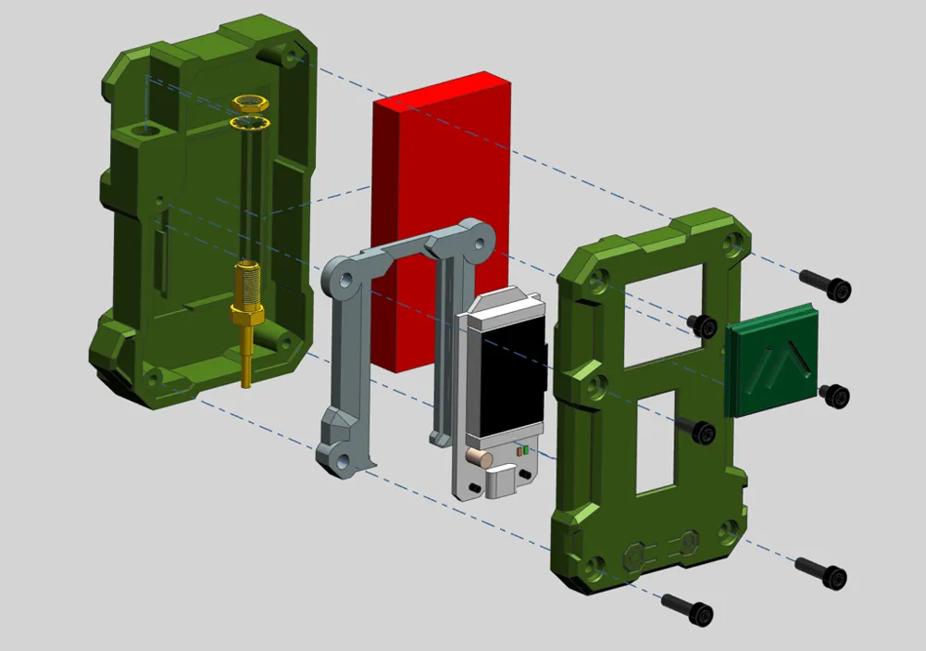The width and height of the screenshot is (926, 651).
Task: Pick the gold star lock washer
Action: (x=249, y=122)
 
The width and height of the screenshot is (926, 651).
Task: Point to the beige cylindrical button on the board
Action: (x=479, y=457)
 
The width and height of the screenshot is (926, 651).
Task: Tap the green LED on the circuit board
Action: (x=526, y=450)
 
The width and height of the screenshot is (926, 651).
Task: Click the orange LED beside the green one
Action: (x=519, y=451)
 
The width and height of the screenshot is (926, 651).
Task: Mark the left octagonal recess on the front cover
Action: (x=635, y=556)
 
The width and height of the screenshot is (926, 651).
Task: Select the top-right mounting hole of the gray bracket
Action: (x=479, y=244)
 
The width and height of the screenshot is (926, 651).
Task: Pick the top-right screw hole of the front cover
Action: (x=733, y=242)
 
